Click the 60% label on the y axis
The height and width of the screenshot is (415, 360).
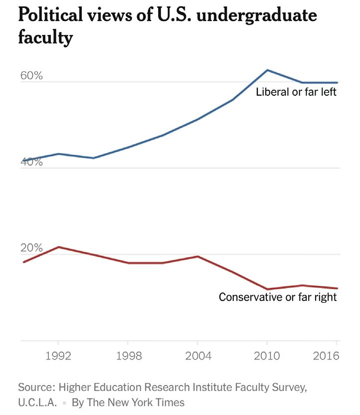31,76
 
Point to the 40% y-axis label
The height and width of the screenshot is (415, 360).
31,162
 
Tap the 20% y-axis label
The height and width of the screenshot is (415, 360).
31,248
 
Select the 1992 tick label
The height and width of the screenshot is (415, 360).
58,357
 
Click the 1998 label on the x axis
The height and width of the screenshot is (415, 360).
128,357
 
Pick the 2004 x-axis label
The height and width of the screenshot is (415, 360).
198,357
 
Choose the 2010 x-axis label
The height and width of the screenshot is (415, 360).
267,357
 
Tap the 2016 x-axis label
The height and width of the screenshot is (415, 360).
326,357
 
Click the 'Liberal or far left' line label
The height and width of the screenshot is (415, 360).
297,92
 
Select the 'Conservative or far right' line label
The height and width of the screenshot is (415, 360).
278,297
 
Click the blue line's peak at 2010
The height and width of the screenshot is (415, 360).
267,70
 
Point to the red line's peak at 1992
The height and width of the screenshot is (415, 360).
58,247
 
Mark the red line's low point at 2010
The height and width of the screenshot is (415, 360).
267,289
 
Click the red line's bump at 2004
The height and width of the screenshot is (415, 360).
198,256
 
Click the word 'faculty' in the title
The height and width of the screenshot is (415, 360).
45,38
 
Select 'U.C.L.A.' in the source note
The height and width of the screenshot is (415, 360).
37,403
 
